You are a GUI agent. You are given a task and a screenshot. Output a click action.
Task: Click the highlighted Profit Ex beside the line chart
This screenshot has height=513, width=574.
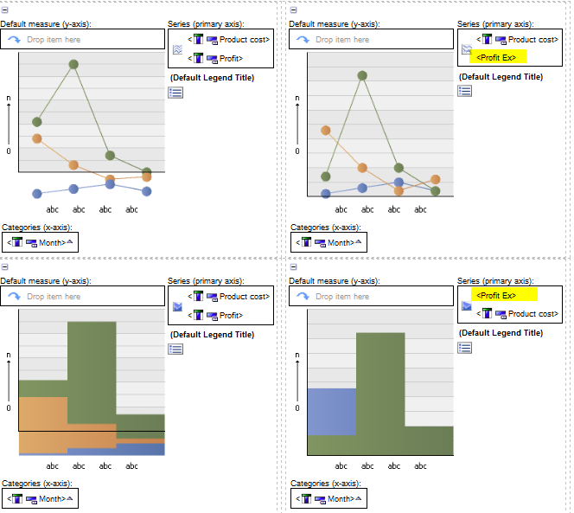point(496,58)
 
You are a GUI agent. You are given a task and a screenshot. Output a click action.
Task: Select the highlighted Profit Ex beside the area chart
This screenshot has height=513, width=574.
point(496,295)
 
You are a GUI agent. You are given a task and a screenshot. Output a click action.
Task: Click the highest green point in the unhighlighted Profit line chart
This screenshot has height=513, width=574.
point(74,64)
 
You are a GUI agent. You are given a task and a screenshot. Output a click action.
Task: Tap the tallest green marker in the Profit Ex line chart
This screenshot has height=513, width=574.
point(362,75)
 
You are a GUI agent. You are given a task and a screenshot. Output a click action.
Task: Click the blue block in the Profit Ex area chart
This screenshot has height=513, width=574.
point(331,411)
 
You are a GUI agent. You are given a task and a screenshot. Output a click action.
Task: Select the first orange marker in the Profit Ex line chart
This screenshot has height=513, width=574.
point(326,131)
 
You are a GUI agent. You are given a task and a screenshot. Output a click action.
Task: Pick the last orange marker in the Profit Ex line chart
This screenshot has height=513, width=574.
point(435,179)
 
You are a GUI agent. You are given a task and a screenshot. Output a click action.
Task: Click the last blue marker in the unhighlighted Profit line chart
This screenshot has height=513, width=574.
point(147,191)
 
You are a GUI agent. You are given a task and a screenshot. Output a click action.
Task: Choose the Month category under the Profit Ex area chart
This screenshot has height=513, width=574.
point(339,499)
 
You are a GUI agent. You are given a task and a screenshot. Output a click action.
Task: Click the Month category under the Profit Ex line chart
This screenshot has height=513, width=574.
point(339,243)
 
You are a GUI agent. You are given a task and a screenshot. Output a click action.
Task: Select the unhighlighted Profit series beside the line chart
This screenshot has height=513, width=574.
point(229,58)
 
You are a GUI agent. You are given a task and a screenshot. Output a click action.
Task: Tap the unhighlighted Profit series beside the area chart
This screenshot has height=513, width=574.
point(229,315)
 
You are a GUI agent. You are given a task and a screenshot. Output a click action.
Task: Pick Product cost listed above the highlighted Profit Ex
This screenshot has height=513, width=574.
point(532,39)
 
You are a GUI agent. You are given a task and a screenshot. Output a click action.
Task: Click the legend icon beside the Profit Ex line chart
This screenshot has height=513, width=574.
point(464,91)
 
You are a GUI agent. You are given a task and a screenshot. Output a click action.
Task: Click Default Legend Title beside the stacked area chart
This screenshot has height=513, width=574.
point(212,334)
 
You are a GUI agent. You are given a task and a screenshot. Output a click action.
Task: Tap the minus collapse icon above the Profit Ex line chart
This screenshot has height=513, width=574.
point(293,10)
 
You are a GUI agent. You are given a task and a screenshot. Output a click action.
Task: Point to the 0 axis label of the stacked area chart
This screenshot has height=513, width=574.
point(8,407)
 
